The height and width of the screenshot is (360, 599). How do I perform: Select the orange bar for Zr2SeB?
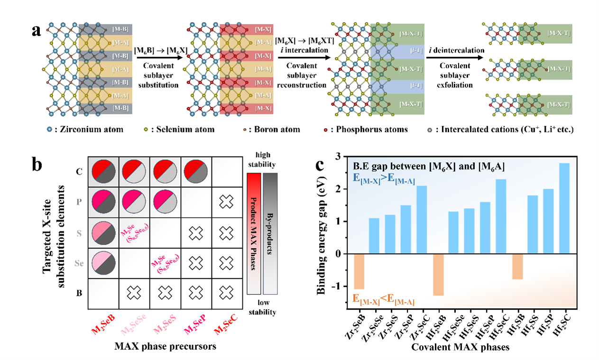(x=359, y=271)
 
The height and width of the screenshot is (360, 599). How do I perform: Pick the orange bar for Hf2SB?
(x=517, y=267)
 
